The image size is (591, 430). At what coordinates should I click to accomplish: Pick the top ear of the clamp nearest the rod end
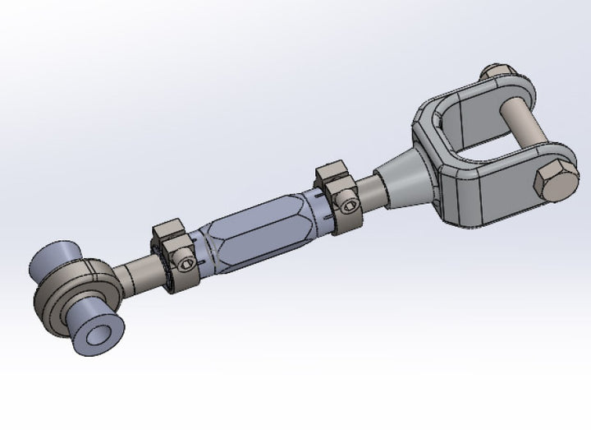[167, 229]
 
